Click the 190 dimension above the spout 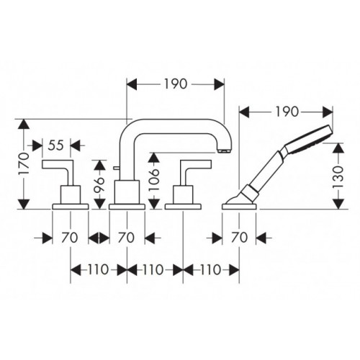point(176,84)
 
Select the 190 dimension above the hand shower point(287,112)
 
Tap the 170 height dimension point(24,163)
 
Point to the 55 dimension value point(55,145)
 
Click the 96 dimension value point(99,184)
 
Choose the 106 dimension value point(154,180)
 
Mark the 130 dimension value point(338,176)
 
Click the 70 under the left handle point(70,238)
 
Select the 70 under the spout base point(126,238)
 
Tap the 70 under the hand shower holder point(239,238)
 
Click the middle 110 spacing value point(153,269)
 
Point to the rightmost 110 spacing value point(210,269)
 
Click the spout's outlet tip point(225,150)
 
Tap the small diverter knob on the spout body point(115,168)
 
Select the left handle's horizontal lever point(58,164)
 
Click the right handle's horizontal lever point(196,164)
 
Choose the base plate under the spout point(127,207)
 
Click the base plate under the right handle point(183,207)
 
